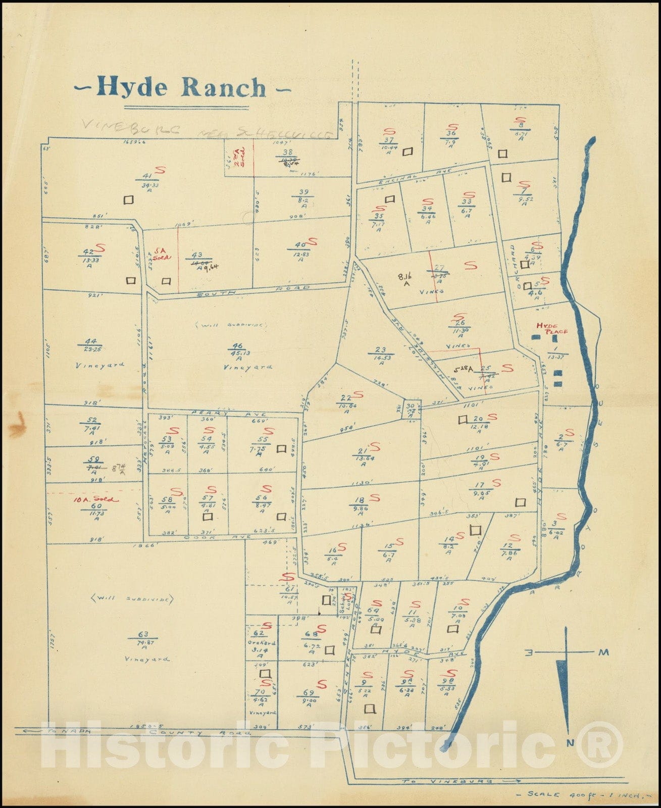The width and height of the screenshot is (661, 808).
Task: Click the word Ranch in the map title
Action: point(224,87)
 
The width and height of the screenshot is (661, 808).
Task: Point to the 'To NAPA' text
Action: point(68,730)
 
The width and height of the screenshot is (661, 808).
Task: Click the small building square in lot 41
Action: point(129,199)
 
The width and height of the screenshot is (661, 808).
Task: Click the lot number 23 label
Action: point(380,349)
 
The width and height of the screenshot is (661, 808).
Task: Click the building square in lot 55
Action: point(282,448)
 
